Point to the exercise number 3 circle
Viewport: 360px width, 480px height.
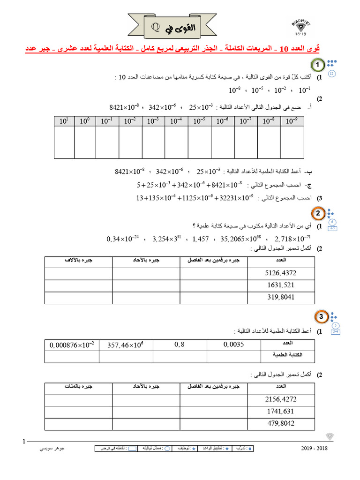pyautogui.click(x=321, y=318)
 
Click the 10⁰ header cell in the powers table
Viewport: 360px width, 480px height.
pyautogui.click(x=85, y=121)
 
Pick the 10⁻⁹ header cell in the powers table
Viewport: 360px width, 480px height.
pyautogui.click(x=292, y=121)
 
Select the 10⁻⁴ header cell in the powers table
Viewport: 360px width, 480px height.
pyautogui.click(x=176, y=121)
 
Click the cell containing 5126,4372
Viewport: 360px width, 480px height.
pyautogui.click(x=280, y=273)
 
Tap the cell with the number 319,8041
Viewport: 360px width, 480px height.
pyautogui.click(x=280, y=298)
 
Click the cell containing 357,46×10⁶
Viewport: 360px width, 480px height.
pyautogui.click(x=125, y=345)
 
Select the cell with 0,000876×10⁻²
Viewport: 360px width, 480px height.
pyautogui.click(x=72, y=345)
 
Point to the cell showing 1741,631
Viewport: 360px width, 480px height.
pyautogui.click(x=280, y=411)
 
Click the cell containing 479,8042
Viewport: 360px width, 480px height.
pyautogui.click(x=280, y=423)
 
